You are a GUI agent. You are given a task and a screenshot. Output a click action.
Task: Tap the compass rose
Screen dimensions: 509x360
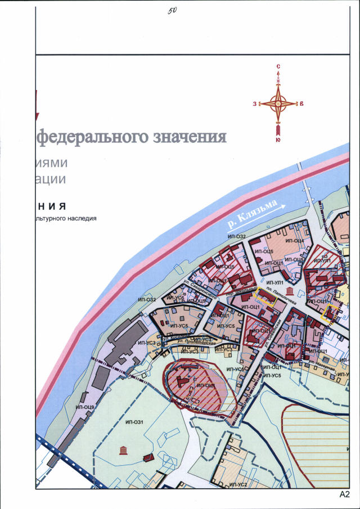[278, 103]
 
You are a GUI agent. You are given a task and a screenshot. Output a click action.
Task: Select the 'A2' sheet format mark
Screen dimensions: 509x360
[344, 494]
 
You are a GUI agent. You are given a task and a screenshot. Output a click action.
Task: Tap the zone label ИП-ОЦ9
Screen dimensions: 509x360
[85, 406]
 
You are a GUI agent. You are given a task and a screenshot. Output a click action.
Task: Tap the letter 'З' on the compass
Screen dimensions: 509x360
[255, 104]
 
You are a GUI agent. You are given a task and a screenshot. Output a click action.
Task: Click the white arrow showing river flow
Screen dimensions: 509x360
[280, 207]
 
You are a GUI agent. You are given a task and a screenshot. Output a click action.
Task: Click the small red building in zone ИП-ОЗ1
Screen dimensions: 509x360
[148, 458]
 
